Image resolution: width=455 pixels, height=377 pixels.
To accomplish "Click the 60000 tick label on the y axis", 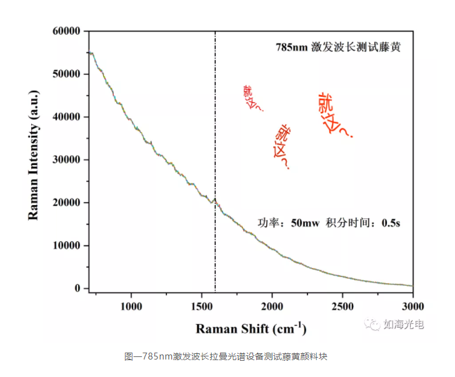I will pos(68,31).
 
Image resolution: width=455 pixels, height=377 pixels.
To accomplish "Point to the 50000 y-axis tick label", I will pos(68,74).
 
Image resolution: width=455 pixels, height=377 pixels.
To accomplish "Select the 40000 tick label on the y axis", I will pos(68,117).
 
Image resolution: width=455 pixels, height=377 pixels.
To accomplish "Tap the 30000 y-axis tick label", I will pos(68,159).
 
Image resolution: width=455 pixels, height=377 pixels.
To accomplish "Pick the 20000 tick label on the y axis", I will pos(68,203).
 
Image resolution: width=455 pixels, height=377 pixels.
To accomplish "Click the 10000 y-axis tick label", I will pos(68,246).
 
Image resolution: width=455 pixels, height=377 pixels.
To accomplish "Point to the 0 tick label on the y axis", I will pos(79,288).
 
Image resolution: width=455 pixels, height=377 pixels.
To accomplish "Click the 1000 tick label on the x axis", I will pos(131,306).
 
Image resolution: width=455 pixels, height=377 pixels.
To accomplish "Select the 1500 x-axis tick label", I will pos(201,306).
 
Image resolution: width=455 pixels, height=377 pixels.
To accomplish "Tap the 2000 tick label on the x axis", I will pos(272,306).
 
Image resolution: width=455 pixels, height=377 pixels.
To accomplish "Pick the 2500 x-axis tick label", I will pos(342,306).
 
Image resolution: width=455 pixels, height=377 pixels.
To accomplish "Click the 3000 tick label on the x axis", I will pos(412,306).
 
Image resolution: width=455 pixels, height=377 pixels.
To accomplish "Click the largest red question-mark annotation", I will pos(333,115).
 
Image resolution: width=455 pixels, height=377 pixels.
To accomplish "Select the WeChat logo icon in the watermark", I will pos(373,324).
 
